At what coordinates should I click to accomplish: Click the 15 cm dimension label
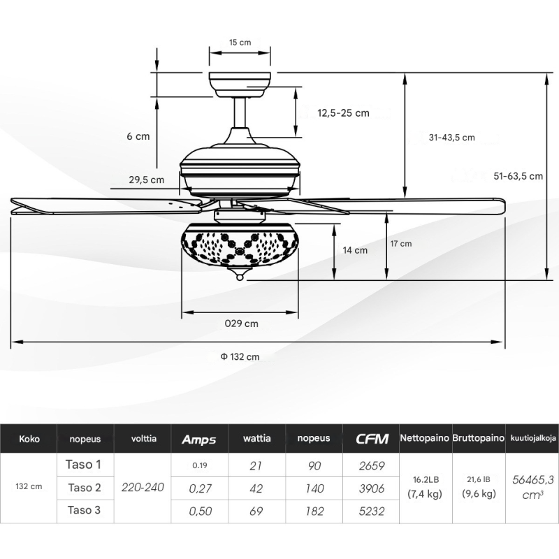pyautogui.click(x=240, y=43)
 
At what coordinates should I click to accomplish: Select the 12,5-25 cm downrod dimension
pyautogui.click(x=343, y=113)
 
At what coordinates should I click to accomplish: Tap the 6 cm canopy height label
pyautogui.click(x=138, y=136)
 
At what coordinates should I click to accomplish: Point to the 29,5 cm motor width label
pyautogui.click(x=147, y=180)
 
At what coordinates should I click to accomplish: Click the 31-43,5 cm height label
pyautogui.click(x=451, y=138)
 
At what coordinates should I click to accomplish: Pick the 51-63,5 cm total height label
pyautogui.click(x=518, y=176)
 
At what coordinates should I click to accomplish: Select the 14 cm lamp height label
pyautogui.click(x=355, y=250)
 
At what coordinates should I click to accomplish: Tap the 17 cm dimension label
pyautogui.click(x=401, y=244)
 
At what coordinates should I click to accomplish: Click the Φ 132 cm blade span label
pyautogui.click(x=240, y=357)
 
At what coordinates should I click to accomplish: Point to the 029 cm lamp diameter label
pyautogui.click(x=241, y=324)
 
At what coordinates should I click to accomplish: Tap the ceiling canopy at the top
pyautogui.click(x=240, y=85)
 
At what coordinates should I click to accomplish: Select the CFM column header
pyautogui.click(x=372, y=439)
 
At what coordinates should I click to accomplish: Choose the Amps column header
pyautogui.click(x=199, y=440)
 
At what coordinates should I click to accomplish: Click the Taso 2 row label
pyautogui.click(x=85, y=488)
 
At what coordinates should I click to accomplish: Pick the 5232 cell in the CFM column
pyautogui.click(x=372, y=511)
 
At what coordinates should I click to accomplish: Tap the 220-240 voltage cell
pyautogui.click(x=143, y=487)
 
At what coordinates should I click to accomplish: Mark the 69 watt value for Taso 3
pyautogui.click(x=256, y=511)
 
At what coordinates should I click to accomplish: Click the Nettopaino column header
pyautogui.click(x=425, y=438)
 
